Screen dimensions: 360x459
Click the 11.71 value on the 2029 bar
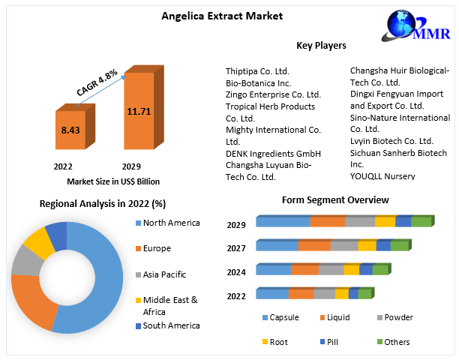tap(139, 111)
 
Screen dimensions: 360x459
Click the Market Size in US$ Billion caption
tap(113, 181)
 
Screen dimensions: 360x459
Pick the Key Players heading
tap(321, 46)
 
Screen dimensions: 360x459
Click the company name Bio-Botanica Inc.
tap(258, 83)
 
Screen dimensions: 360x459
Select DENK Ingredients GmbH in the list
tap(267, 153)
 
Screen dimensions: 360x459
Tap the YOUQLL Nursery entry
tap(382, 175)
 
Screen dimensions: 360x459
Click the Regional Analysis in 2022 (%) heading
tap(102, 204)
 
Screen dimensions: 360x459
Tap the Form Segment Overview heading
tap(335, 200)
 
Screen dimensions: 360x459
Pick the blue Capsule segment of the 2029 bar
tap(283, 221)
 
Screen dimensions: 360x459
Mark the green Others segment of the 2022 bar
tap(364, 293)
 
